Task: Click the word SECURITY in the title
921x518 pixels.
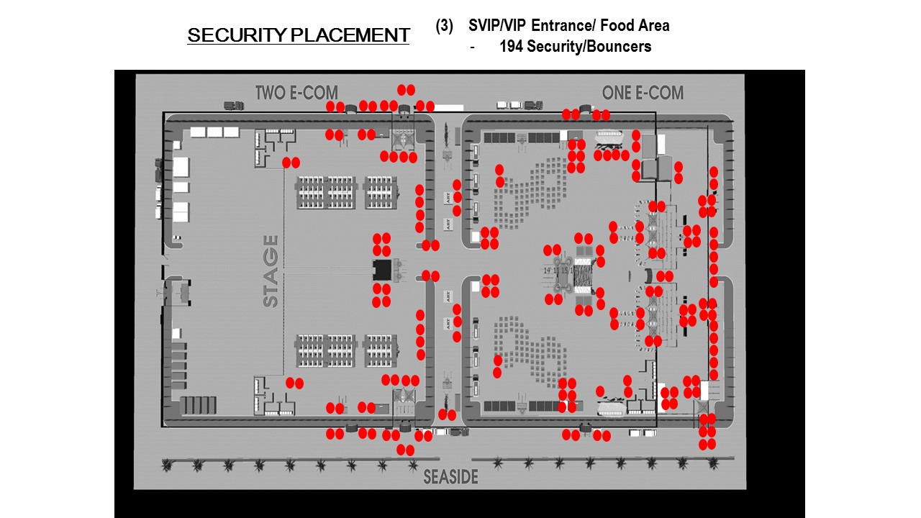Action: [227, 35]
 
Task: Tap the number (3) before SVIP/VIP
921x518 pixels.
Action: [444, 26]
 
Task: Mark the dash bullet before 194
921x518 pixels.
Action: [472, 47]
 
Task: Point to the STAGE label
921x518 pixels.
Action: [271, 271]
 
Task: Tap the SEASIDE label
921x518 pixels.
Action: [450, 477]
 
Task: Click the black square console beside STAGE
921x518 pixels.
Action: [381, 271]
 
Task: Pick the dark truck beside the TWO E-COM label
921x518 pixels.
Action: [234, 105]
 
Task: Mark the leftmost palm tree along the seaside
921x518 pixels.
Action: [167, 465]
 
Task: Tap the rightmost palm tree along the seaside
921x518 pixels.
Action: [712, 464]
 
